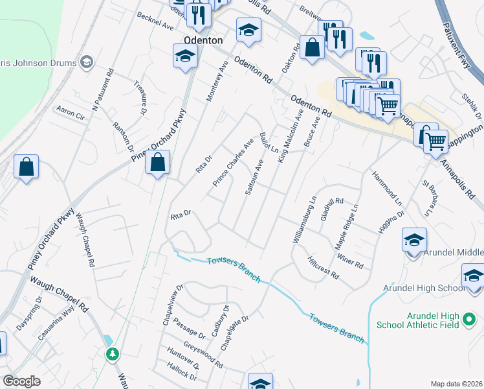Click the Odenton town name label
pyautogui.click(x=203, y=40)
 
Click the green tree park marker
pyautogui.click(x=113, y=354)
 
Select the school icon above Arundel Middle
pyautogui.click(x=414, y=239)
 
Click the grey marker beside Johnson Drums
pyautogui.click(x=87, y=62)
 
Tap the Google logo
pyautogui.click(x=22, y=381)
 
